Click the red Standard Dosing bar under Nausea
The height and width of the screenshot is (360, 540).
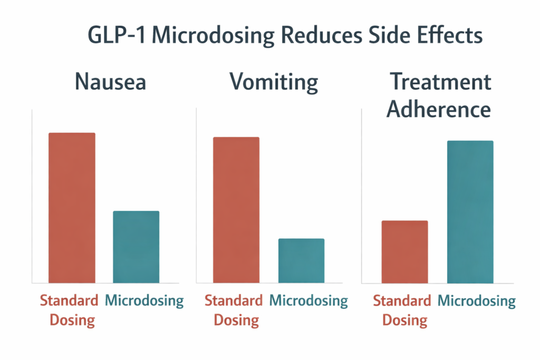click(72, 208)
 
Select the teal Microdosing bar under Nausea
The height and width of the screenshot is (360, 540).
click(136, 247)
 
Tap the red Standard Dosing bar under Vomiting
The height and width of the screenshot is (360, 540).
click(236, 210)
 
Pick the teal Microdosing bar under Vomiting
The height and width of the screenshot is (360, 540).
click(301, 260)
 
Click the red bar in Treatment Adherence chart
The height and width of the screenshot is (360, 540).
click(404, 251)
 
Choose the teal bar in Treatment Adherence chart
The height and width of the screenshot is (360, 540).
click(470, 212)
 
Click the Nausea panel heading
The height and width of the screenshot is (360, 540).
click(110, 83)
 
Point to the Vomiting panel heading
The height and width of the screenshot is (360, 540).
click(274, 83)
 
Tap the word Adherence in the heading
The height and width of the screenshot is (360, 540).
click(439, 109)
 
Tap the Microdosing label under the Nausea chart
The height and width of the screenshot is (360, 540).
click(144, 301)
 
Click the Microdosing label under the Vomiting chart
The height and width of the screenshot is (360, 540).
click(308, 301)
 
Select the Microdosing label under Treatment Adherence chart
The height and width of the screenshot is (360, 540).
click(477, 301)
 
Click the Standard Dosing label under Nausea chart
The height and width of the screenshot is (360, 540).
click(69, 310)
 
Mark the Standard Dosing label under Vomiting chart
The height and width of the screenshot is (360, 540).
click(233, 310)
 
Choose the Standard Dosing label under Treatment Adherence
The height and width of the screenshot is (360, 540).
click(402, 310)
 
